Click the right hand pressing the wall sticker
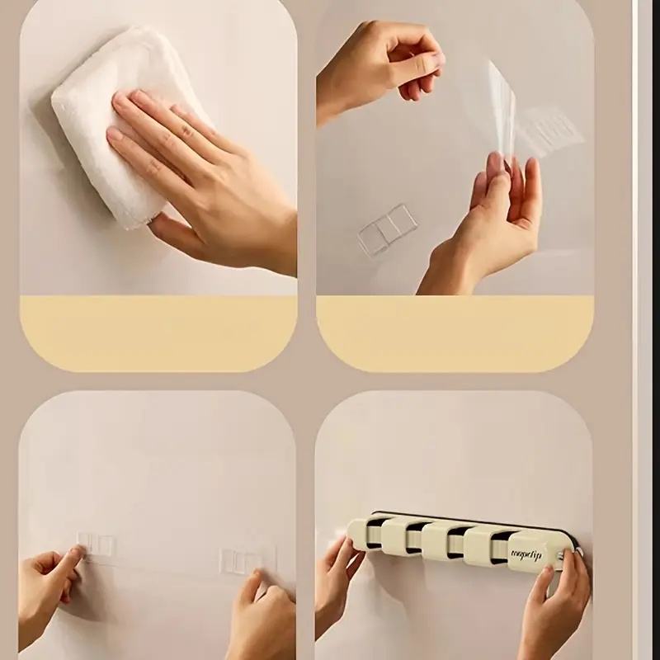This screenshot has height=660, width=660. click(264, 610)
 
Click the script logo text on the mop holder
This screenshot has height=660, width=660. click(526, 554)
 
